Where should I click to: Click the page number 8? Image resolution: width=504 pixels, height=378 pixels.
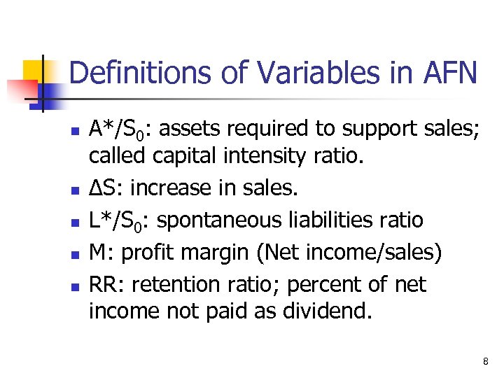(x=484, y=361)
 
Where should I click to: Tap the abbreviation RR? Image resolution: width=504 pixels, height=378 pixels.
(x=105, y=285)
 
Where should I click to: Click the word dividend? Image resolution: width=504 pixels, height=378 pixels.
(x=328, y=311)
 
